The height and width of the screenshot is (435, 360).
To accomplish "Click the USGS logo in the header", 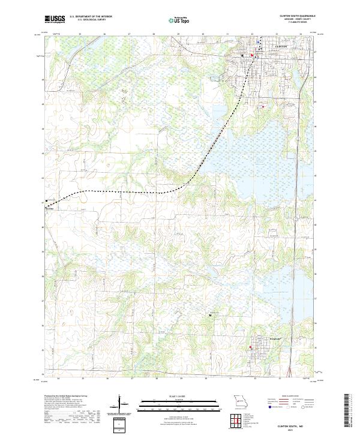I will (55, 20).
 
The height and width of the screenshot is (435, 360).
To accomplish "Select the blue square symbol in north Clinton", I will (258, 43).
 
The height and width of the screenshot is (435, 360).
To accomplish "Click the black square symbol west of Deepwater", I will (210, 314).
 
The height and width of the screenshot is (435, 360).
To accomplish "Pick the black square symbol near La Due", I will (46, 201).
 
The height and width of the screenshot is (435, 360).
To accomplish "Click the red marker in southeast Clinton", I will (263, 107).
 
